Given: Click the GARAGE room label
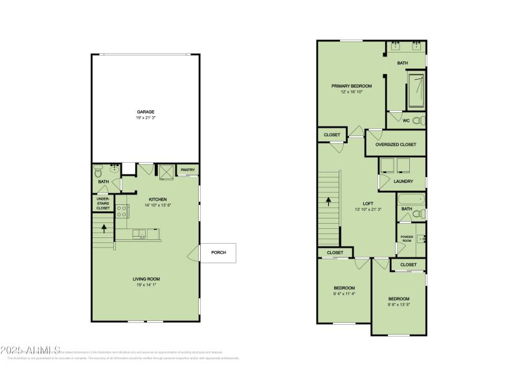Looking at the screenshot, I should point(145,112).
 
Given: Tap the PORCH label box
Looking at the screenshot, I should point(218,252).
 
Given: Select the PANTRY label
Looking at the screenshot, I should point(188,171).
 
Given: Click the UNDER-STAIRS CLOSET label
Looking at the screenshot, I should point(104,204).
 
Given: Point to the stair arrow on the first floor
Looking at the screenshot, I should point(104,228).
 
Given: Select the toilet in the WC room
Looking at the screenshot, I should point(418,120).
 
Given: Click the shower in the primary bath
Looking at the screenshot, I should point(415,91).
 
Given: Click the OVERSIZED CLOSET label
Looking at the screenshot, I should point(396,145).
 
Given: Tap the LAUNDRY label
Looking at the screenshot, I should point(403,182).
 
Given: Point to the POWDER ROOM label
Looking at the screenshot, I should point(407,239).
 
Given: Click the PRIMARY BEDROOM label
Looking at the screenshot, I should point(352,86).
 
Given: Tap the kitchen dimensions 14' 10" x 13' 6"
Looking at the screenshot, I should point(158,205).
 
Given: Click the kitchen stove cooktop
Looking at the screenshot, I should point(122,210).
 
